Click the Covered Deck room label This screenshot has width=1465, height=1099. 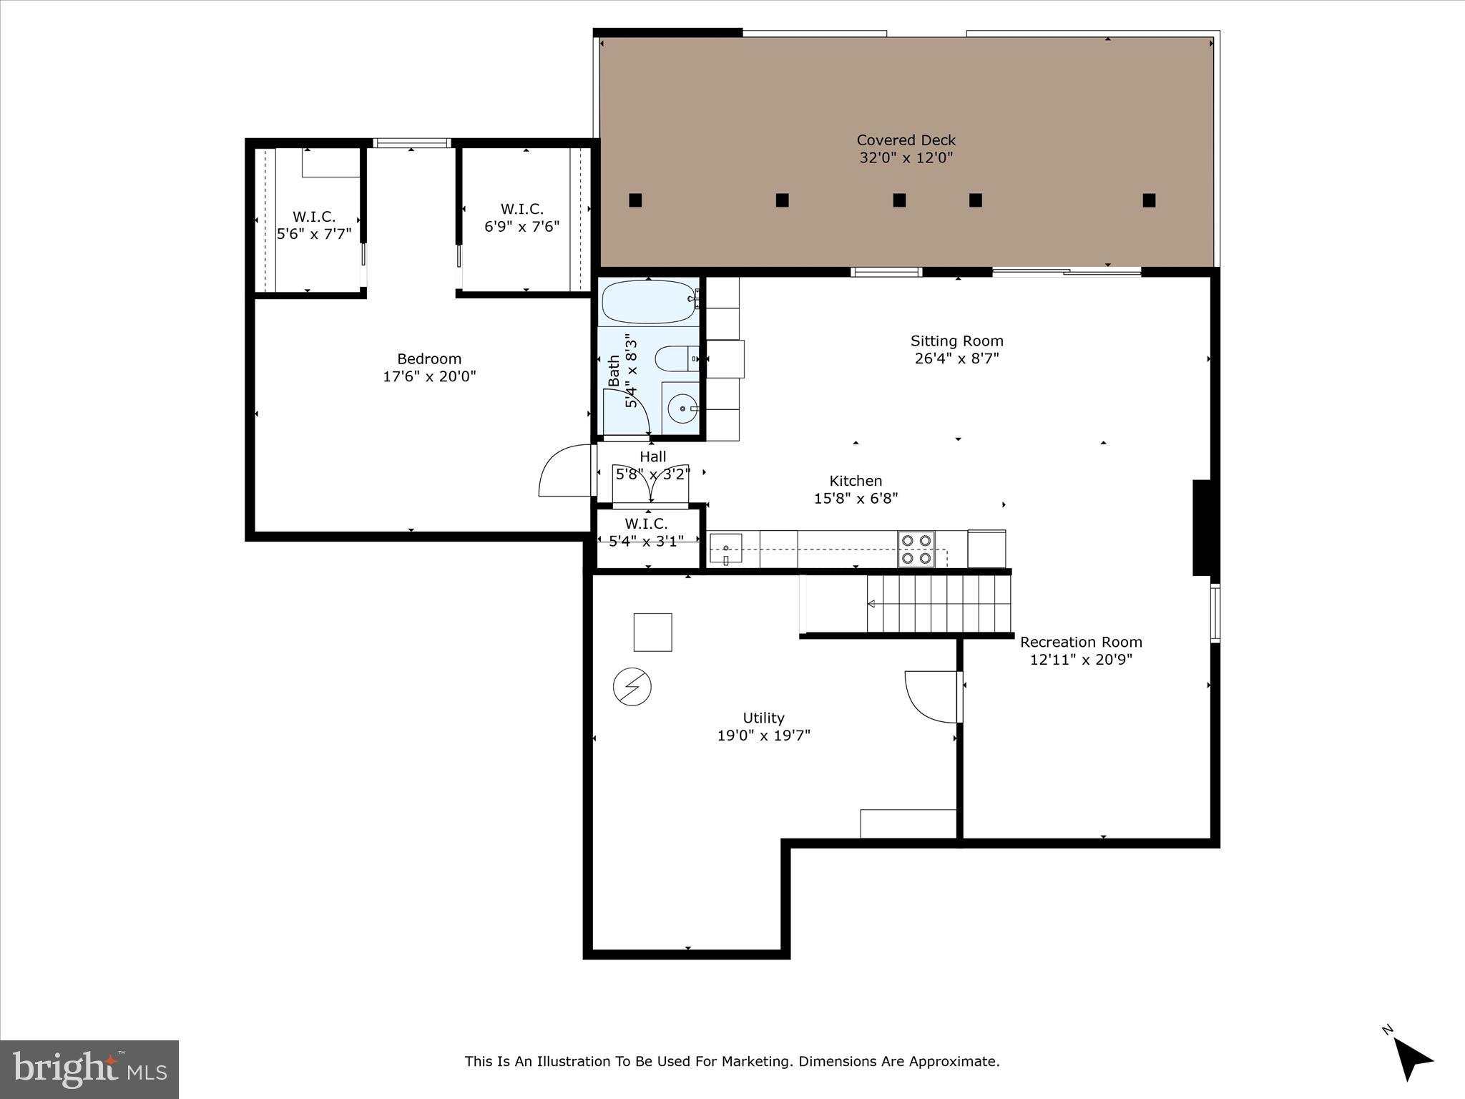(x=906, y=140)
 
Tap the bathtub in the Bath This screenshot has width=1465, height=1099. (x=647, y=302)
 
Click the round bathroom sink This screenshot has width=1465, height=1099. (x=682, y=409)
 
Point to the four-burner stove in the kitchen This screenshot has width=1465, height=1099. (x=916, y=549)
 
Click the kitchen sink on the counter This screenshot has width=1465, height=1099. (x=725, y=549)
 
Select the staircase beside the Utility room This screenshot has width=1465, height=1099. (x=939, y=604)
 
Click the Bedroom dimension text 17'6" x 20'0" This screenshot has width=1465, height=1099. (x=429, y=376)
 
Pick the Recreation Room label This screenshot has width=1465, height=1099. (x=1081, y=642)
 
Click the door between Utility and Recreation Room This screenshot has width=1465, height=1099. (x=933, y=696)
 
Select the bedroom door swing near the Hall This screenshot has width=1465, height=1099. (x=565, y=470)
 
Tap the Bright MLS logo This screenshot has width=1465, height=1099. (x=89, y=1070)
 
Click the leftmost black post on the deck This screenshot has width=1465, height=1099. (x=635, y=200)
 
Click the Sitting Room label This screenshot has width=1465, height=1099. (x=956, y=341)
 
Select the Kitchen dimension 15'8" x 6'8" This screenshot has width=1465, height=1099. (x=856, y=498)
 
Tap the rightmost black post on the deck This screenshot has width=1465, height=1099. (x=1149, y=200)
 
